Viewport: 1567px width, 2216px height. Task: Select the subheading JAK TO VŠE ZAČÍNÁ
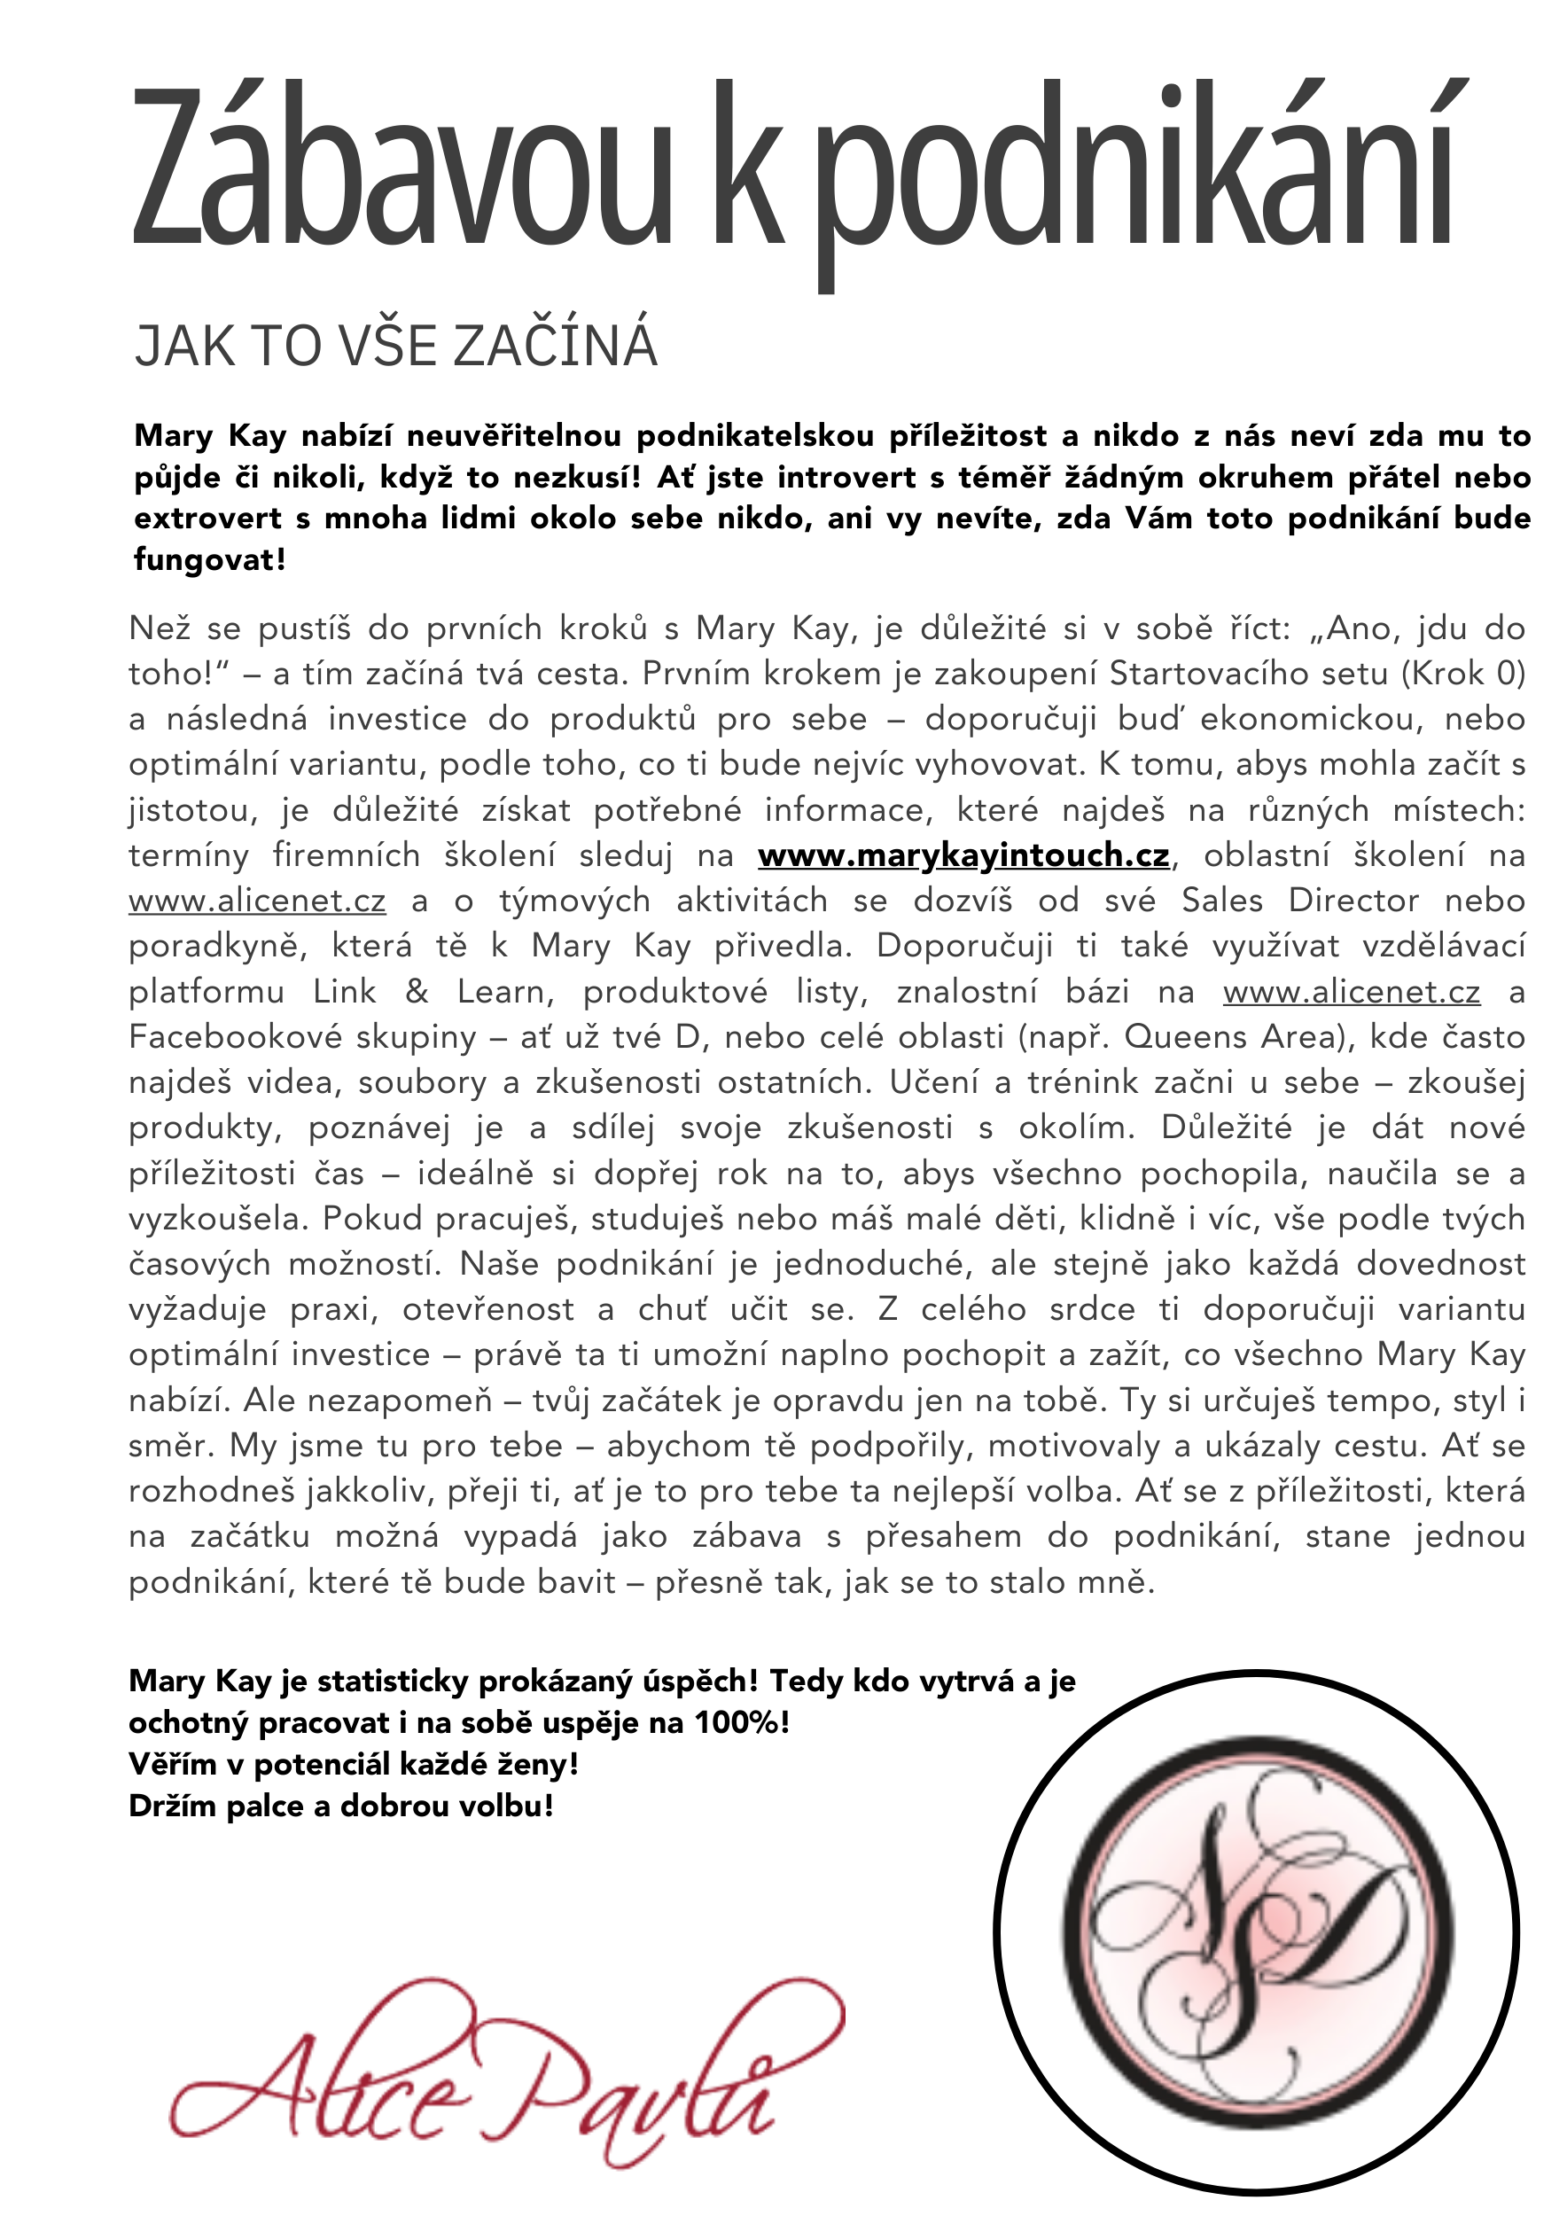point(395,347)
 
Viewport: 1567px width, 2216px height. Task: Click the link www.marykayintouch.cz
point(963,855)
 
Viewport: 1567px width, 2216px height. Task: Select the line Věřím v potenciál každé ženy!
point(353,1763)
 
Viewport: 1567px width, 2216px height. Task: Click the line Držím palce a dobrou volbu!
point(340,1805)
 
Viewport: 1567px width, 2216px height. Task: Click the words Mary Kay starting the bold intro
point(210,436)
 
